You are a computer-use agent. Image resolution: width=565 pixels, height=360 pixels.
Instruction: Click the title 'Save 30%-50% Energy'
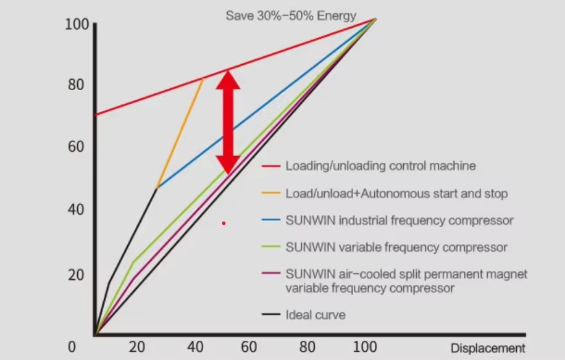[x=290, y=15]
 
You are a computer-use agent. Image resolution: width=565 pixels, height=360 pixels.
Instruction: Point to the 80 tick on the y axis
[x=76, y=85]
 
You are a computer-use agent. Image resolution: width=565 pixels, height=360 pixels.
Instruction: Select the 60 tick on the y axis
[x=76, y=148]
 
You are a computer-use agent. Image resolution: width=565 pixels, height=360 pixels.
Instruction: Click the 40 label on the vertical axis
[x=76, y=211]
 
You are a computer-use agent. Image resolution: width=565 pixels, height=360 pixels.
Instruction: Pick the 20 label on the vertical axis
[x=76, y=274]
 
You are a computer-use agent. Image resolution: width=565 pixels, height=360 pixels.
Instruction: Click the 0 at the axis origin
[x=72, y=348]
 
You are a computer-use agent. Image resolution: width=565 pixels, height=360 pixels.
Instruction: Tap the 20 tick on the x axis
[x=136, y=348]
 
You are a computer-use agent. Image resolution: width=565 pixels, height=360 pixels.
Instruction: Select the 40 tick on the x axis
[x=193, y=348]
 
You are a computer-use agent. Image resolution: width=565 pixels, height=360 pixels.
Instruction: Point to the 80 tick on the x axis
[x=307, y=348]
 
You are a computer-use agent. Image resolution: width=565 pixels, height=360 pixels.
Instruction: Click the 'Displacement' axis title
[x=487, y=348]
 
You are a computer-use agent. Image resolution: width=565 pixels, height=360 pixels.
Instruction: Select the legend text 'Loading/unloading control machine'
[x=380, y=166]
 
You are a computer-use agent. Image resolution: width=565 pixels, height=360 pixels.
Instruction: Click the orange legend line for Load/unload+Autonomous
[x=271, y=194]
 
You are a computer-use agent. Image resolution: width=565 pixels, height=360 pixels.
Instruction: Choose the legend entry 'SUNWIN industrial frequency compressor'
[x=400, y=220]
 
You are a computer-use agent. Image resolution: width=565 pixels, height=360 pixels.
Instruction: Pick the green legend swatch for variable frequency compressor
[x=271, y=248]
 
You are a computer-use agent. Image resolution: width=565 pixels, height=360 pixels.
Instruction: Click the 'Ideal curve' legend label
[x=316, y=315]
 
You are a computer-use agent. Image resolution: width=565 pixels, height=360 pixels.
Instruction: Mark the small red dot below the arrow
[x=224, y=223]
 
